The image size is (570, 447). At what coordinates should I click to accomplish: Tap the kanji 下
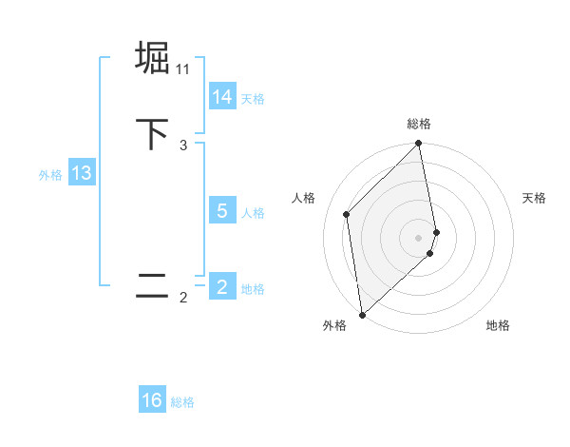[152, 133]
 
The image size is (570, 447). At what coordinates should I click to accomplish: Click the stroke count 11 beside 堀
[183, 69]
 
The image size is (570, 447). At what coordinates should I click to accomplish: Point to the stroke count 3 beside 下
[183, 146]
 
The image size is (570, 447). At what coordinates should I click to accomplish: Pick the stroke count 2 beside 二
[183, 298]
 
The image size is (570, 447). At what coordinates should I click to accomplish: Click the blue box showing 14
[222, 98]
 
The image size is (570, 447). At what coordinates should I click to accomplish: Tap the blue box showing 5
[222, 212]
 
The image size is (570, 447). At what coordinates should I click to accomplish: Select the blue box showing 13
[81, 174]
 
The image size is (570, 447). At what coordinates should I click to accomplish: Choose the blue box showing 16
[152, 401]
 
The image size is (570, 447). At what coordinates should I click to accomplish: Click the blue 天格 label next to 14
[253, 99]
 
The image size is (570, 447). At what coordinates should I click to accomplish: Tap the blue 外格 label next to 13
[50, 175]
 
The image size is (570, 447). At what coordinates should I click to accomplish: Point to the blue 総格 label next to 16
[182, 402]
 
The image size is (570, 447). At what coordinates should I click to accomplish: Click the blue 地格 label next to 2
[253, 289]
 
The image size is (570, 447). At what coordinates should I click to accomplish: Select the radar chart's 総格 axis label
[419, 124]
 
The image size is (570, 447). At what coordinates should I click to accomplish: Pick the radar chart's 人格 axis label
[304, 198]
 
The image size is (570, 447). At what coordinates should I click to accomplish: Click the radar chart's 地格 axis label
[498, 326]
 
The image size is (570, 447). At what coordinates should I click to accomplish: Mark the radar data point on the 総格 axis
[419, 145]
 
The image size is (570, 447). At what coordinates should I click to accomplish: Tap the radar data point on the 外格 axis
[362, 315]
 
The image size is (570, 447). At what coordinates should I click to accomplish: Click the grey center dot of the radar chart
[419, 237]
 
